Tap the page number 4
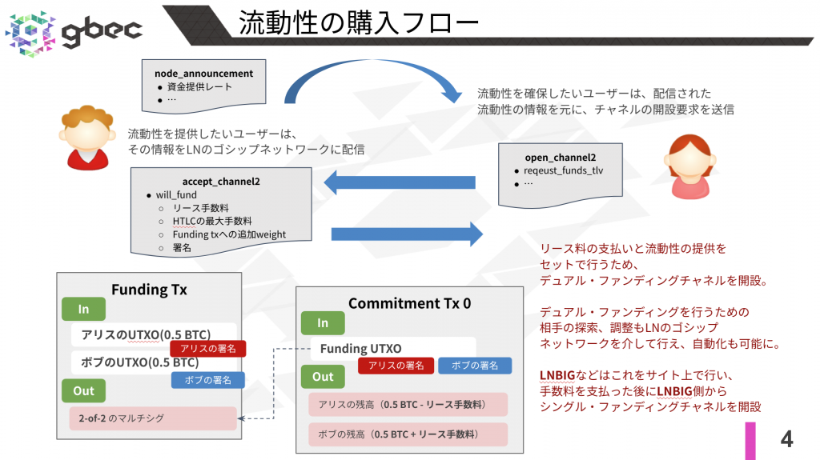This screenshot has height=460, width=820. point(786,438)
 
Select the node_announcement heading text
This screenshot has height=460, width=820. point(203,74)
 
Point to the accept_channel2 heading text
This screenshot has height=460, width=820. point(220,182)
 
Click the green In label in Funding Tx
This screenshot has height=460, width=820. point(83,310)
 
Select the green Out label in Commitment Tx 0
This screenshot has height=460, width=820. point(323,377)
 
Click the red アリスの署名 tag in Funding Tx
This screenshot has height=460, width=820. point(207,349)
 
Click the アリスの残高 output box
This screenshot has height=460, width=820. point(408,405)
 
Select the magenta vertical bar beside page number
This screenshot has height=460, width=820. point(751,440)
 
